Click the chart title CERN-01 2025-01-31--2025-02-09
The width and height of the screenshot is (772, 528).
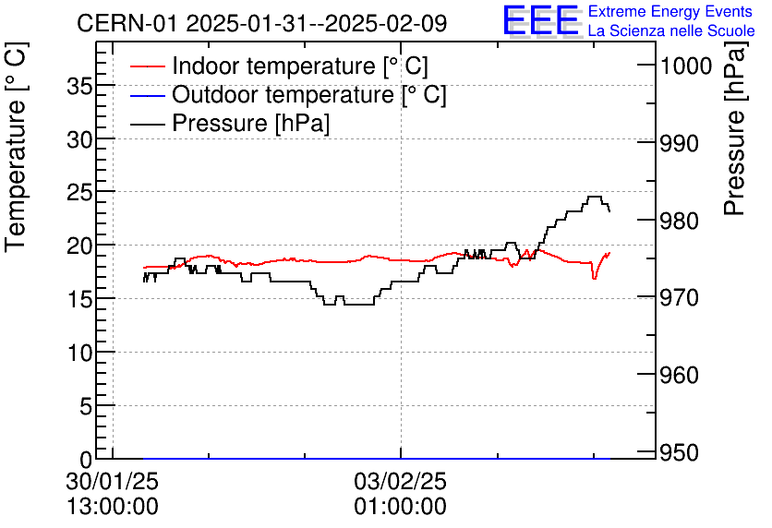click(262, 23)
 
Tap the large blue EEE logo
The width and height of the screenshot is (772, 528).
click(540, 20)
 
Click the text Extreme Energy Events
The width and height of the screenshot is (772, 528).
click(670, 11)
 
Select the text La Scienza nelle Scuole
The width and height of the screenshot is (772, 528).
click(670, 31)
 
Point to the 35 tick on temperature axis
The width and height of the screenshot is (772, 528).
click(80, 85)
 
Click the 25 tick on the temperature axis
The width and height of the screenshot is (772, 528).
click(80, 192)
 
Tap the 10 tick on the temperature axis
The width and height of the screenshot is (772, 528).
click(80, 353)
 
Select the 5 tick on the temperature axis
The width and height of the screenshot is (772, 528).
click(86, 406)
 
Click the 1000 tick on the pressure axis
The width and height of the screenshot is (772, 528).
click(684, 66)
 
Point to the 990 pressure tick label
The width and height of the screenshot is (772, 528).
click(679, 143)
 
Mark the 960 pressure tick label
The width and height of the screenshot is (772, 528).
click(679, 375)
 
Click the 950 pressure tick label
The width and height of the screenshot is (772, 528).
click(679, 452)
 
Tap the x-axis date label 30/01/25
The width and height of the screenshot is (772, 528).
click(112, 482)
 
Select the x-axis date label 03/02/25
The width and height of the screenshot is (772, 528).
click(401, 482)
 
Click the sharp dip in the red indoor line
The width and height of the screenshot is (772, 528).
click(594, 277)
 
